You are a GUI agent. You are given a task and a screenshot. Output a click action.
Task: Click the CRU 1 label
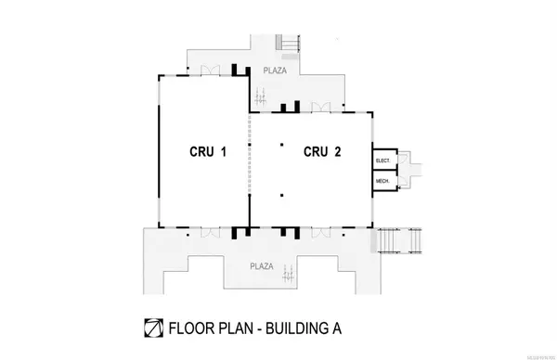tap(206, 152)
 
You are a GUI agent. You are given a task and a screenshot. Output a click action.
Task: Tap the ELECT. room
tap(383, 160)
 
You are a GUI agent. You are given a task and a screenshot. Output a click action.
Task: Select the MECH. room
tap(383, 180)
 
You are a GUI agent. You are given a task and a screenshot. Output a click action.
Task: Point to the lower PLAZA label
tap(263, 265)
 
